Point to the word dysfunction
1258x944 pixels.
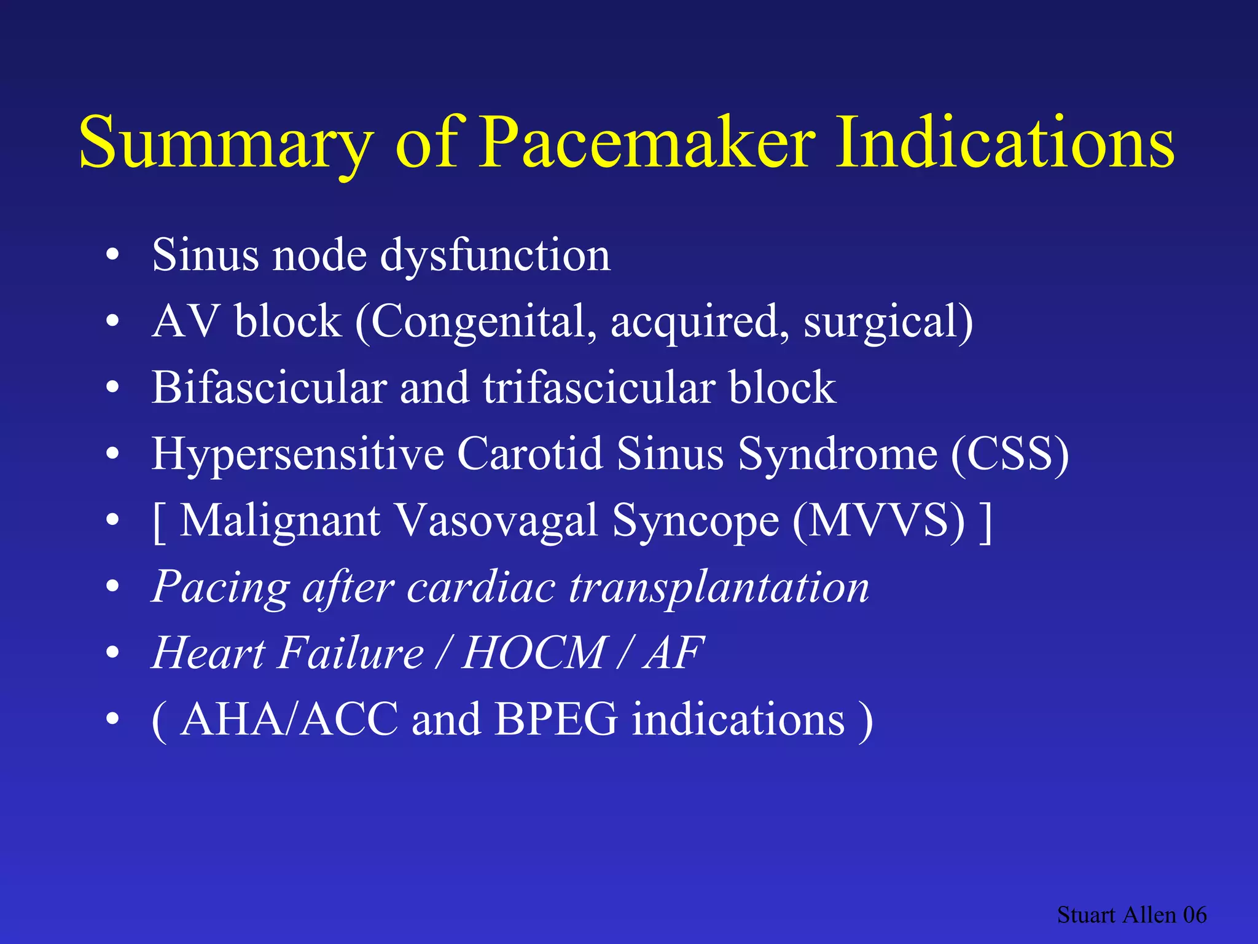click(x=495, y=254)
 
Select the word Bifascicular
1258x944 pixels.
click(x=269, y=388)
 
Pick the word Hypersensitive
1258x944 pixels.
click(x=298, y=454)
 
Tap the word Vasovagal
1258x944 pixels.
click(x=496, y=521)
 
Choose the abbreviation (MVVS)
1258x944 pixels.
click(x=878, y=521)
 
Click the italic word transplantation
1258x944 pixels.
click(x=719, y=587)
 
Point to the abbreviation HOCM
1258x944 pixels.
click(x=534, y=653)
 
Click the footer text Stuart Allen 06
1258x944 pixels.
click(x=1131, y=915)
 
